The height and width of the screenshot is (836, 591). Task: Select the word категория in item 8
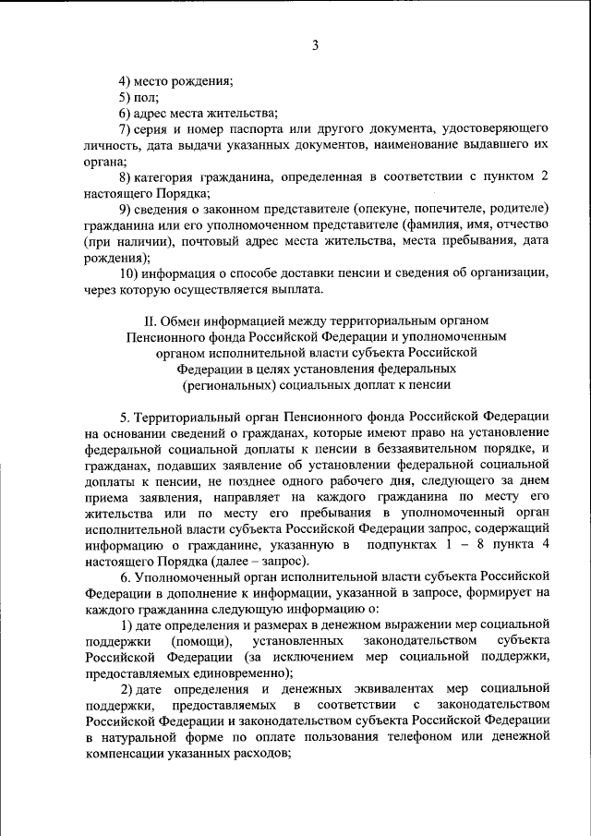coord(169,176)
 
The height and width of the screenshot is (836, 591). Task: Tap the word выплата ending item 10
coord(292,291)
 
